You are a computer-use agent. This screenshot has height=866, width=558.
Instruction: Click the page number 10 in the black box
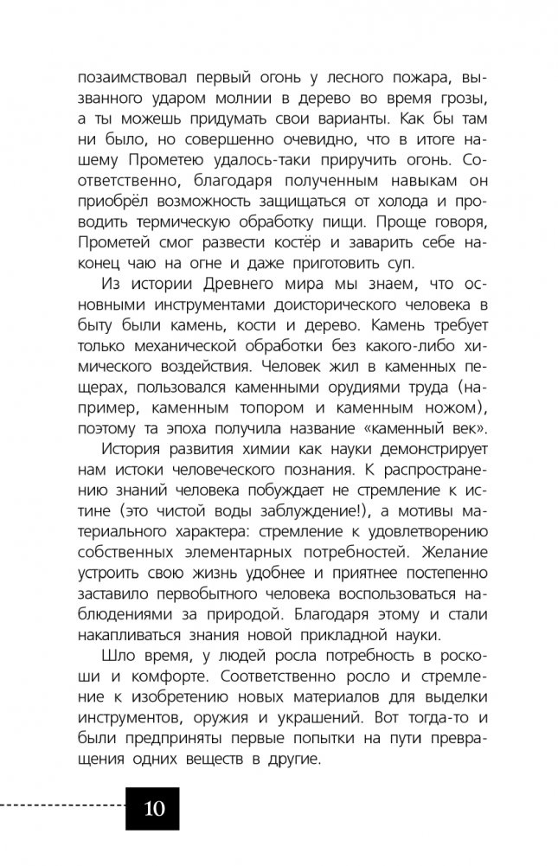(153, 810)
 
